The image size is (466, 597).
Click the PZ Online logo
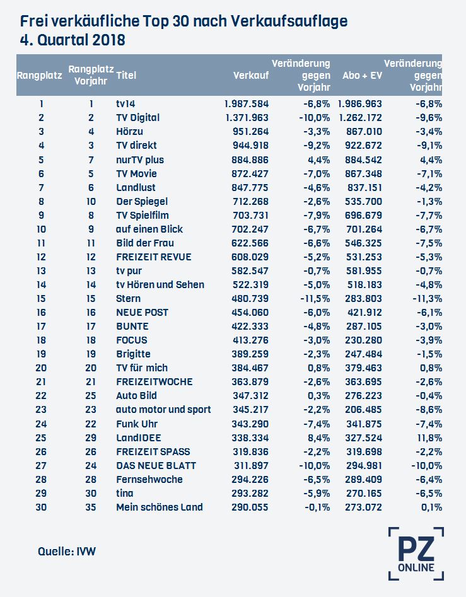(x=416, y=554)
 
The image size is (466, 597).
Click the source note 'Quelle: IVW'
(x=67, y=552)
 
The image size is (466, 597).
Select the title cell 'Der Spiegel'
(x=142, y=201)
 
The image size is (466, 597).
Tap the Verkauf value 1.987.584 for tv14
(x=247, y=104)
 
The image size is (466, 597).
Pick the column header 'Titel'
(x=126, y=75)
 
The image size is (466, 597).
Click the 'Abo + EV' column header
(x=362, y=75)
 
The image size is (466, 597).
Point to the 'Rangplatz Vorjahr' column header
(x=91, y=75)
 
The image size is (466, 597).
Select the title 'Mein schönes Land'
(x=160, y=507)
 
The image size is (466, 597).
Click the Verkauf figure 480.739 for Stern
(x=250, y=299)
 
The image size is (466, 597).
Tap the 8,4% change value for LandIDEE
(x=318, y=438)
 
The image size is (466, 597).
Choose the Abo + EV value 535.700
(x=363, y=201)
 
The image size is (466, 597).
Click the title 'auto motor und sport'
(x=163, y=410)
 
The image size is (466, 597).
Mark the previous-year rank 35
(x=91, y=507)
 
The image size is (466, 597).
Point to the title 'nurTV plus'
(x=140, y=160)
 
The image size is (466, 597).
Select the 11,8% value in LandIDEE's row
(x=429, y=438)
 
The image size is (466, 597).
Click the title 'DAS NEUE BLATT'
(x=156, y=466)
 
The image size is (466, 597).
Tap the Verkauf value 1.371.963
(x=247, y=118)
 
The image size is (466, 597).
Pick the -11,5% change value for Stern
(x=315, y=299)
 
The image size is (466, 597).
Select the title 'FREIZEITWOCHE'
(x=154, y=382)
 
